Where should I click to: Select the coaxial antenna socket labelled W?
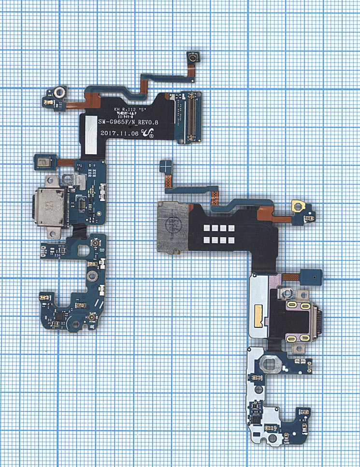click(90, 316)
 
